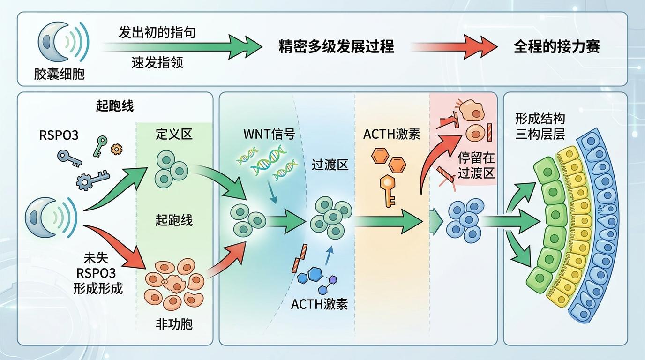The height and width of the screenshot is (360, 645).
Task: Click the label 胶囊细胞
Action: click(x=59, y=74)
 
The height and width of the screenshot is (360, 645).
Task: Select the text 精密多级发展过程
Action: click(x=336, y=47)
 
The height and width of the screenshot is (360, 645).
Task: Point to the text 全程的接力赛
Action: click(x=556, y=47)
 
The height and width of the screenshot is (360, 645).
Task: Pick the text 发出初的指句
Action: click(x=157, y=33)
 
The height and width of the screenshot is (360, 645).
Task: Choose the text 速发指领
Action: click(x=157, y=62)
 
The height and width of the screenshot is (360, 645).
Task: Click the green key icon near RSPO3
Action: click(x=100, y=146)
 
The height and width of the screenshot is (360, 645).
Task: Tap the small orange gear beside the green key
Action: click(x=115, y=149)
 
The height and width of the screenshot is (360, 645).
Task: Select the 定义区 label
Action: click(x=174, y=135)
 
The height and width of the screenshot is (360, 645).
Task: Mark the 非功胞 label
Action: click(x=174, y=323)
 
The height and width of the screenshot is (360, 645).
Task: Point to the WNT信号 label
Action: click(x=269, y=134)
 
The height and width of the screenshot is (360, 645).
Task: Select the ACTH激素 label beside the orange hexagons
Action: click(x=392, y=134)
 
